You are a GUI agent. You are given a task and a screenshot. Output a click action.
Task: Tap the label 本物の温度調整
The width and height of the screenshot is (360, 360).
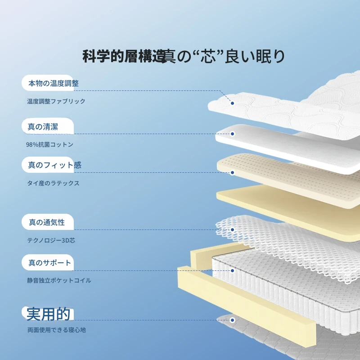click(54, 83)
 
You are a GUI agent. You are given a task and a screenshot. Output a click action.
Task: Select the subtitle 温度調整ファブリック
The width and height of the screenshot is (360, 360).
click(56, 101)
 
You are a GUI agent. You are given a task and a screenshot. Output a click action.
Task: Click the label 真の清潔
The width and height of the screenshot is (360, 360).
click(43, 127)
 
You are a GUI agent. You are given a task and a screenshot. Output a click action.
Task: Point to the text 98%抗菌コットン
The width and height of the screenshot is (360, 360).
click(49, 144)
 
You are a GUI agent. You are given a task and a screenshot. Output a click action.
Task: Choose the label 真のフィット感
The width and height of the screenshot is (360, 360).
click(54, 165)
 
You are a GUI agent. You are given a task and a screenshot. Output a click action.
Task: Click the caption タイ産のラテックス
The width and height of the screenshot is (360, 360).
click(53, 183)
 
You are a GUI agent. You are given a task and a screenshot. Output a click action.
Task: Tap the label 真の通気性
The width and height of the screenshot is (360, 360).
click(47, 222)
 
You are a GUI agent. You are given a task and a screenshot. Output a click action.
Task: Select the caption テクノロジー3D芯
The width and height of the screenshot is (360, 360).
click(51, 240)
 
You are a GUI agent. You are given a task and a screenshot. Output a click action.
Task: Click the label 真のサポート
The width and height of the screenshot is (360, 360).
click(49, 263)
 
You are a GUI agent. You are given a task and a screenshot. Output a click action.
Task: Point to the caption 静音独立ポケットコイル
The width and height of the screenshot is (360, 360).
click(59, 280)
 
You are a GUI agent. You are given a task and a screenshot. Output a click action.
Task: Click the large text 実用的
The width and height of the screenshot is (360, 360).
click(48, 314)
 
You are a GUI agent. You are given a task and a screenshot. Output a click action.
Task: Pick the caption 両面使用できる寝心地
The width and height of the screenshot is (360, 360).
click(57, 330)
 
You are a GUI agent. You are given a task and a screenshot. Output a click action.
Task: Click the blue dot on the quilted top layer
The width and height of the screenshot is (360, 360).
click(232, 103)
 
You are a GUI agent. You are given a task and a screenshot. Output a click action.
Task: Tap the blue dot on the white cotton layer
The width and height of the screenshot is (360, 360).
click(232, 134)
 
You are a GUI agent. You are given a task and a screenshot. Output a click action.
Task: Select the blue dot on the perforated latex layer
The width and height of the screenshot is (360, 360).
click(232, 172)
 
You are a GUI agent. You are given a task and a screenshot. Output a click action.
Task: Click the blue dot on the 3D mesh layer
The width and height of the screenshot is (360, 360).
click(232, 229)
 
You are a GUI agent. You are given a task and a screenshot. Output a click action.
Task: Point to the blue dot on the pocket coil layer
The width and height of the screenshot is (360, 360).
click(232, 271)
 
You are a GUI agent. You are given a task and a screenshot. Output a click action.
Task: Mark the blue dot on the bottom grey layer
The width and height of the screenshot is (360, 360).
click(232, 320)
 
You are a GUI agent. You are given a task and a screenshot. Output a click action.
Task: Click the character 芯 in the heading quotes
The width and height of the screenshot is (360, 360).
click(208, 56)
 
